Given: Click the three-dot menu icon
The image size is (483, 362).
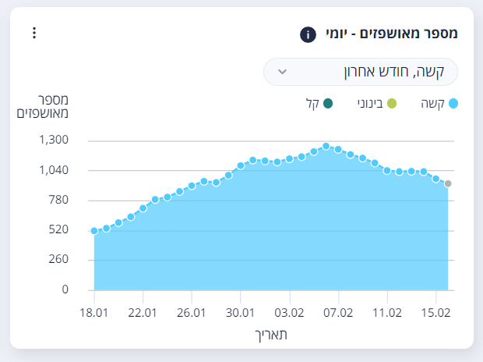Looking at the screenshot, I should click(x=33, y=33).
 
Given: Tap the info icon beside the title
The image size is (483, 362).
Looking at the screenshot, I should click(x=308, y=34).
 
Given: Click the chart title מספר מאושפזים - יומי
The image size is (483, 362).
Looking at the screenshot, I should click(x=390, y=34).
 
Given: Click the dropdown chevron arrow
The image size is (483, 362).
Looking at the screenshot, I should click(x=284, y=71).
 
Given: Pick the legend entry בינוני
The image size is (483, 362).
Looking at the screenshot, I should click(x=378, y=103).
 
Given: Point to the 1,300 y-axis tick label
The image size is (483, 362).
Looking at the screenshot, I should click(x=53, y=140).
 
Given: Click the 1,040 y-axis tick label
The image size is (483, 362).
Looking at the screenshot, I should click(x=53, y=170).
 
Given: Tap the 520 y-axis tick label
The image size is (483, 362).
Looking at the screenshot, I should click(x=58, y=230).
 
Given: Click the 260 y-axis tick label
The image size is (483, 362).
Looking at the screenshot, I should click(x=58, y=260).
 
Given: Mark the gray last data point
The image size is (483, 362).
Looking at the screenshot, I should click(x=448, y=184).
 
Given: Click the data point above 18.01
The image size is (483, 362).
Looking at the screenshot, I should click(x=94, y=231).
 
